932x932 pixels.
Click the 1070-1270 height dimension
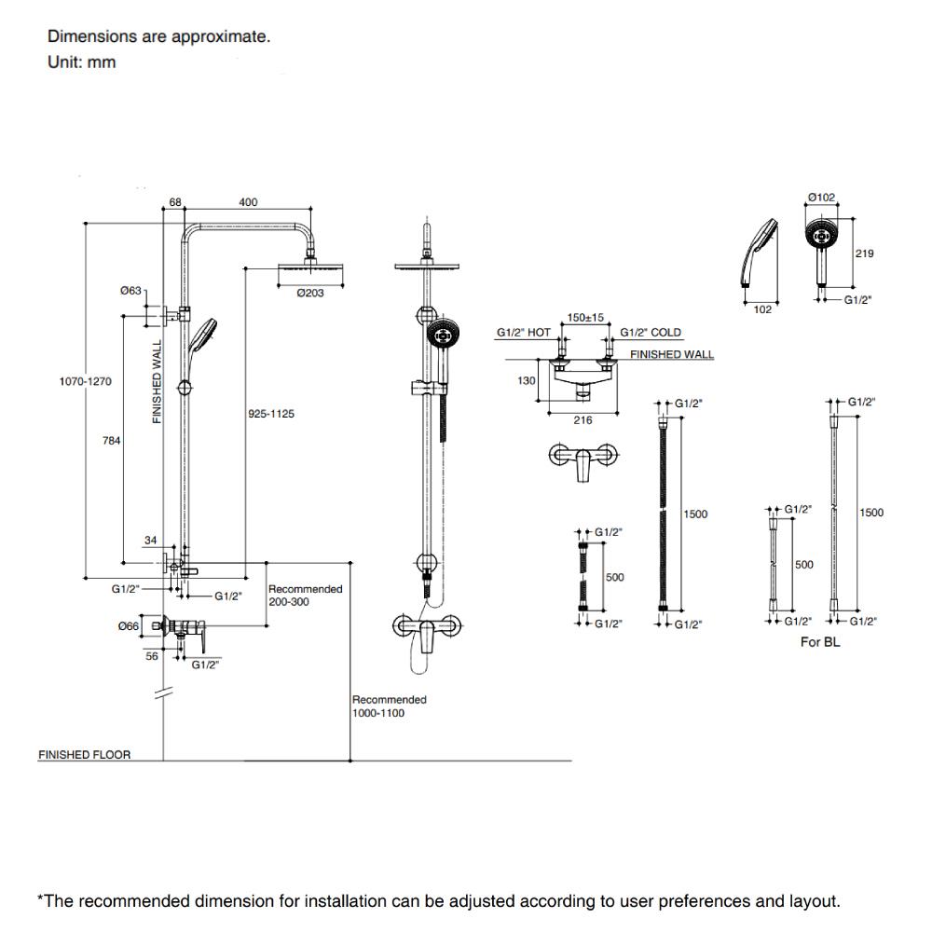(x=86, y=381)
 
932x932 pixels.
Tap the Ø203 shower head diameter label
(x=309, y=293)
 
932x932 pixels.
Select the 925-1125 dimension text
(x=271, y=414)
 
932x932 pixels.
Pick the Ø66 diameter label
(x=128, y=626)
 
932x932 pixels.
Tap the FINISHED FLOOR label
(x=84, y=755)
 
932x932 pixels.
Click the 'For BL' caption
(x=820, y=642)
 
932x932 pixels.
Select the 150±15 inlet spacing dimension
(x=585, y=318)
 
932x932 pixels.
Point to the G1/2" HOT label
(x=523, y=333)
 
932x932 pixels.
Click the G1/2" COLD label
(x=651, y=333)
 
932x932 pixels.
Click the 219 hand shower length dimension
(x=864, y=254)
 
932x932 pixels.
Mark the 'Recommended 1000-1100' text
(x=390, y=706)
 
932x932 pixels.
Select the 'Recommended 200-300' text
(x=305, y=596)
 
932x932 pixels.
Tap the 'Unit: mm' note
(x=82, y=63)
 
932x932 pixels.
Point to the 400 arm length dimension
(x=248, y=203)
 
